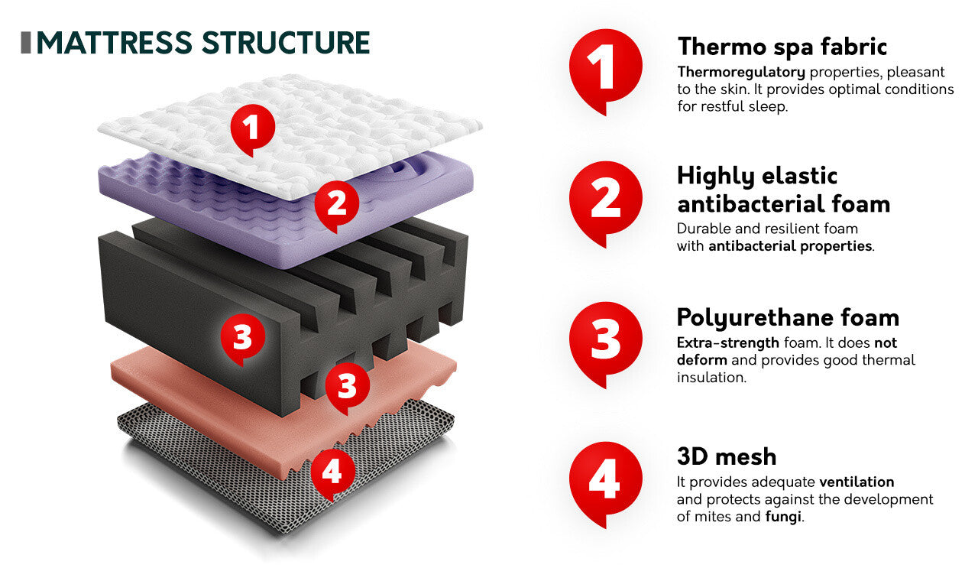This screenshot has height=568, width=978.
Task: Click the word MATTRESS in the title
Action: coord(115,43)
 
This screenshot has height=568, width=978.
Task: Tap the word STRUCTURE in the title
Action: coord(286,43)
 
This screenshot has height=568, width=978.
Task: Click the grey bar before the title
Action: coord(26,43)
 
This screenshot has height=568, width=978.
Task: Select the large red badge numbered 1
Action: coord(606,70)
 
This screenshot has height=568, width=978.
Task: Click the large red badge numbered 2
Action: coord(606,203)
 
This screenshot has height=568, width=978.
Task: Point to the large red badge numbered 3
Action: coord(606,343)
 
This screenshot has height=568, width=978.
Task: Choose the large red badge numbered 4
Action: coord(606,483)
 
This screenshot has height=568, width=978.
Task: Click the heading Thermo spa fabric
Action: coord(782,47)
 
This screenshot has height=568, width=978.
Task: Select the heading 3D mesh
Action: coord(727,457)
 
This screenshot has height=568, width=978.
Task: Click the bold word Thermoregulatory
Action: coord(741,73)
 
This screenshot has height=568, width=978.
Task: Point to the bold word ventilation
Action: coord(857,482)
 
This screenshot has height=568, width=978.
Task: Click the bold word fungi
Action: coord(783,518)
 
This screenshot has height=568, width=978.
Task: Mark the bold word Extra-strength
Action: coord(728,343)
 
